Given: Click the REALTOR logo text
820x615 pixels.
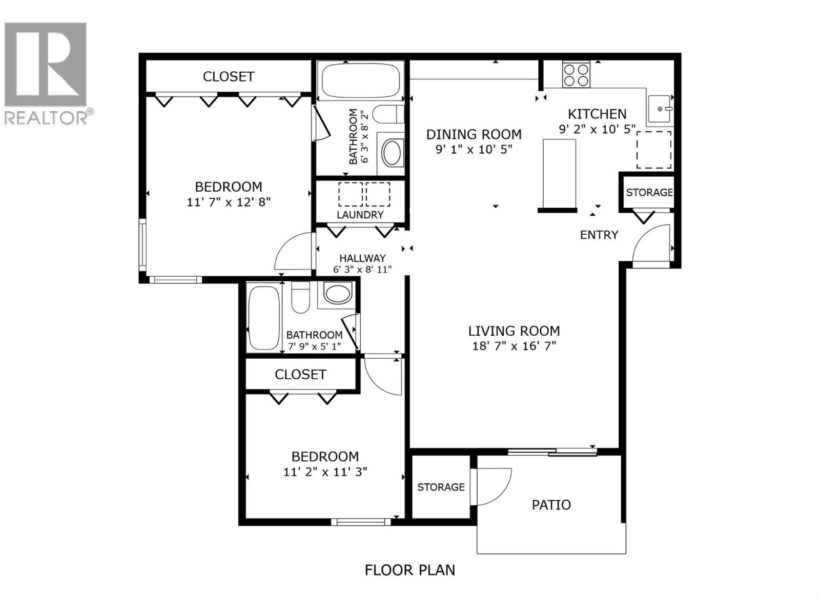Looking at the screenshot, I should pyautogui.click(x=48, y=117).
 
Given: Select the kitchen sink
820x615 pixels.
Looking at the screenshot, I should pyautogui.click(x=660, y=109).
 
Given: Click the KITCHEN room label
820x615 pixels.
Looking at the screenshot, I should pyautogui.click(x=597, y=114).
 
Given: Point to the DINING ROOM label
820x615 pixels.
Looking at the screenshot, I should pyautogui.click(x=474, y=134).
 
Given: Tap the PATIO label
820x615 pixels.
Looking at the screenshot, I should pyautogui.click(x=551, y=505).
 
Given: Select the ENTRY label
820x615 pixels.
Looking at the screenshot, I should pyautogui.click(x=599, y=235).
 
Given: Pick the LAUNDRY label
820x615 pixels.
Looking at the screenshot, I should pyautogui.click(x=360, y=215).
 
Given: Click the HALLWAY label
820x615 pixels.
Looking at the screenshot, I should pyautogui.click(x=362, y=259).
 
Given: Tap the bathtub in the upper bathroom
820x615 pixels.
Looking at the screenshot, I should pyautogui.click(x=360, y=80).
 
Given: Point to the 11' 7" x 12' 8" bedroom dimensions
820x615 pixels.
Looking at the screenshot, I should pyautogui.click(x=229, y=202).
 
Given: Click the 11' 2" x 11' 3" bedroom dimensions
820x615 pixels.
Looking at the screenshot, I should pyautogui.click(x=325, y=472).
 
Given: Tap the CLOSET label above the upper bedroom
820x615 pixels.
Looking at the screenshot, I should pyautogui.click(x=229, y=76).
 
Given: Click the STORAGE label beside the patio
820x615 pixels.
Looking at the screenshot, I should pyautogui.click(x=441, y=487).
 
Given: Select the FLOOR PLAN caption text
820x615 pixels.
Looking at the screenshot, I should pyautogui.click(x=409, y=570).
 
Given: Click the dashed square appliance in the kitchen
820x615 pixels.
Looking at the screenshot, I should pyautogui.click(x=653, y=150).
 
